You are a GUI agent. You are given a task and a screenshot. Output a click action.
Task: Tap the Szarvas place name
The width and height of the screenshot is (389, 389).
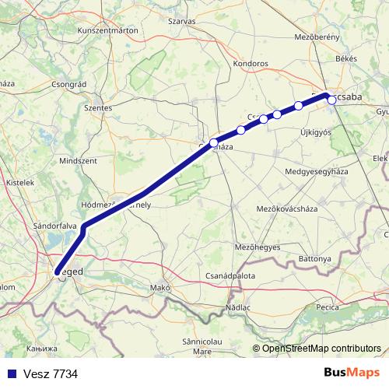(x=181, y=22)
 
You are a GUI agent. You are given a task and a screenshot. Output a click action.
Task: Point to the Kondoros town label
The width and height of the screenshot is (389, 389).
(x=251, y=64)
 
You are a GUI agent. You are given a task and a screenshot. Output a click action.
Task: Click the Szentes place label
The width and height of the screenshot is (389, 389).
(x=98, y=108)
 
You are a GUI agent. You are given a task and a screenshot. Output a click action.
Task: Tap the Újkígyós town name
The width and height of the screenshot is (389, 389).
(x=316, y=132)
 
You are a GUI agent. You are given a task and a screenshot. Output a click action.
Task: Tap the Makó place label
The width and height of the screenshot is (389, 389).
(x=160, y=288)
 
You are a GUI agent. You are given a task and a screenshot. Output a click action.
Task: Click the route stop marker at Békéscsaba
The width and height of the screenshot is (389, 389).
(x=331, y=100)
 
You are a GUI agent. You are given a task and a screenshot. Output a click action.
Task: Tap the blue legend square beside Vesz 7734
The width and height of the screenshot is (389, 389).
(x=11, y=374)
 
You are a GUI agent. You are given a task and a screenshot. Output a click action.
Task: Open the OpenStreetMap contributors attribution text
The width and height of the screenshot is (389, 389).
(x=321, y=349)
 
